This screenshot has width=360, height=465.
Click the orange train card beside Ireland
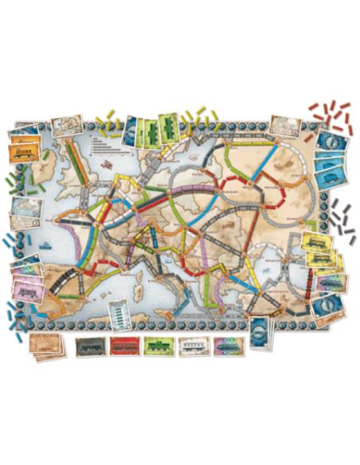[x=24, y=151]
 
